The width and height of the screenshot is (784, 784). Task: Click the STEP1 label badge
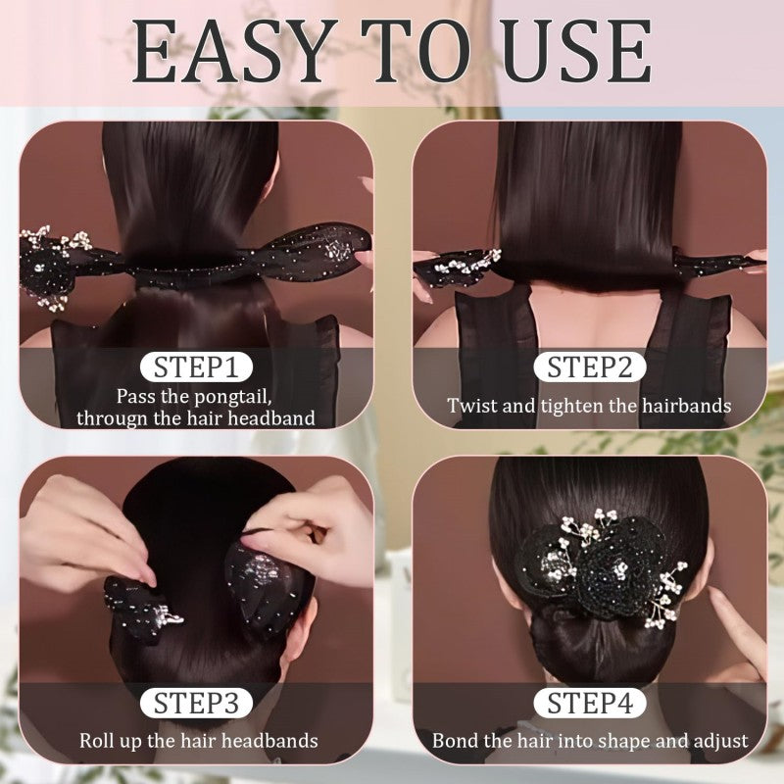(x=196, y=368)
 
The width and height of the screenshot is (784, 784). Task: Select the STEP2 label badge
(x=589, y=368)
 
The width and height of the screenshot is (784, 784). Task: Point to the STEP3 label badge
(x=196, y=703)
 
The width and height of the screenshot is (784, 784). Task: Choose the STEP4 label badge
(x=589, y=703)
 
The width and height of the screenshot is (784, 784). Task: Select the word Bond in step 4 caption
(x=454, y=740)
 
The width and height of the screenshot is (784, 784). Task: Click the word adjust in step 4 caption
(x=719, y=741)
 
